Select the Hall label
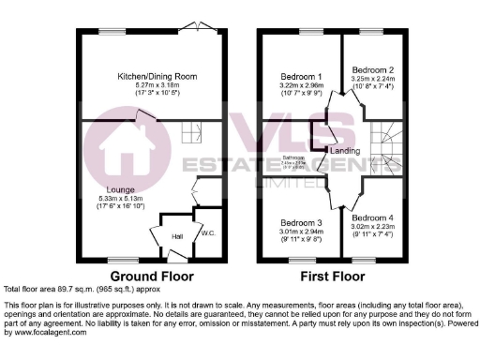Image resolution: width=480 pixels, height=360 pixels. click(x=177, y=237)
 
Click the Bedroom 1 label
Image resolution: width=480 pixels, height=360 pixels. click(x=301, y=77)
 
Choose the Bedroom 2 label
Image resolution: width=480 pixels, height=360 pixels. click(x=372, y=70)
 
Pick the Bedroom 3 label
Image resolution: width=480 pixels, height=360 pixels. click(x=301, y=222)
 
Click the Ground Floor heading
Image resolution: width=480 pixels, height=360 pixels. click(x=152, y=277)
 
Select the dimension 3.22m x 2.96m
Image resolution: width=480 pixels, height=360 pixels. click(x=301, y=85)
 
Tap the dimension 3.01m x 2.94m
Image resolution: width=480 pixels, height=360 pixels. click(x=301, y=231)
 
